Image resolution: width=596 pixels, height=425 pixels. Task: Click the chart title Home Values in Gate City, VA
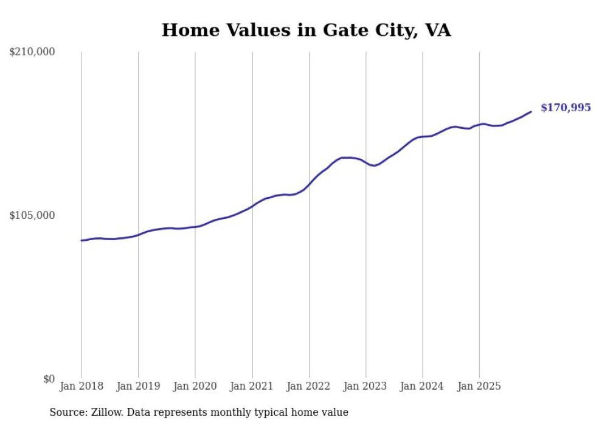tap(306, 30)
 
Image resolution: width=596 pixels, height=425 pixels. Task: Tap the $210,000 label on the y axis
tap(32, 52)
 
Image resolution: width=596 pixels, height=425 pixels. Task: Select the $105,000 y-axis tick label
tap(32, 215)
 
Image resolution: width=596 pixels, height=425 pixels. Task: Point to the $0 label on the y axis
tap(49, 379)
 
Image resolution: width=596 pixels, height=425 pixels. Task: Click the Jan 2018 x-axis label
tap(81, 386)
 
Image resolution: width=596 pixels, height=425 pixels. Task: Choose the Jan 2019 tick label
tap(138, 386)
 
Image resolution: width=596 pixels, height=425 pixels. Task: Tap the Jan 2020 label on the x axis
tap(195, 386)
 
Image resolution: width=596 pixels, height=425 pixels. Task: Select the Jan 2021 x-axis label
tap(252, 386)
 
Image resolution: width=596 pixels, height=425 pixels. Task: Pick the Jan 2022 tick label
tap(309, 386)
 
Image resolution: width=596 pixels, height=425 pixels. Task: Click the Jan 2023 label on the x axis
tap(366, 386)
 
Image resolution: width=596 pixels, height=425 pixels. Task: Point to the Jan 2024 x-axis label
tap(423, 386)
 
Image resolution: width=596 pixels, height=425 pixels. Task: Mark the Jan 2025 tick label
tap(479, 386)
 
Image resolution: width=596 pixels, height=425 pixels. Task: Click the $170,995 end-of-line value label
tap(566, 108)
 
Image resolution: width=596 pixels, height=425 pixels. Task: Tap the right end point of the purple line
tap(531, 111)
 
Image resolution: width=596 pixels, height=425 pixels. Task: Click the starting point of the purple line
tap(81, 241)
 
